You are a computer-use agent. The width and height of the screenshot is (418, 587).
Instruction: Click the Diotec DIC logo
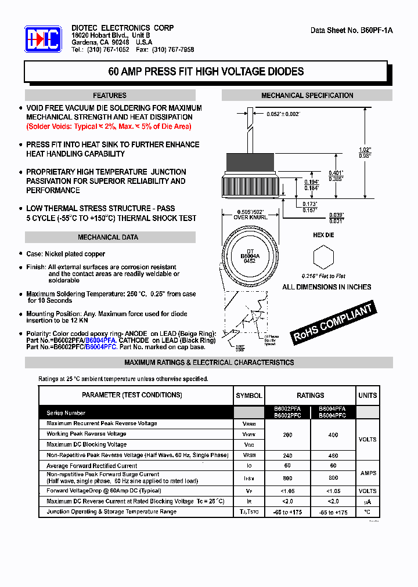(x=43, y=39)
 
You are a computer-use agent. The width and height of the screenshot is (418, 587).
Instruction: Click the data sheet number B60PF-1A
(x=352, y=30)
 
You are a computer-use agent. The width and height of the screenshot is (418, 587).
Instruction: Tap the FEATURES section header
(x=110, y=95)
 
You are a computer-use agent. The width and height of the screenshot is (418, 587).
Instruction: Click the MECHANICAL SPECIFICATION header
(x=307, y=95)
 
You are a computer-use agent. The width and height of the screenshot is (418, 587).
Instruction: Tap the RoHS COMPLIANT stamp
(x=333, y=323)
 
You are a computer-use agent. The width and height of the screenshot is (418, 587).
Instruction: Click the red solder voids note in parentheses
(x=109, y=126)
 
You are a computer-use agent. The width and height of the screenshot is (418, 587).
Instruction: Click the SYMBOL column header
(x=248, y=396)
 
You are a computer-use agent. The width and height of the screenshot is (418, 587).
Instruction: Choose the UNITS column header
(x=367, y=396)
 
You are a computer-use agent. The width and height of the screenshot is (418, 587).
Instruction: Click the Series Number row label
(x=66, y=413)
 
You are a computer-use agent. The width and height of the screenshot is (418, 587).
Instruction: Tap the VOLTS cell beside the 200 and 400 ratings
(x=367, y=439)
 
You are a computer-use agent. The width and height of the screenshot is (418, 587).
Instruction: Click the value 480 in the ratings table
(x=333, y=455)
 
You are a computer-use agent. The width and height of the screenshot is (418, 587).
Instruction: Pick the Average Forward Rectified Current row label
(x=92, y=466)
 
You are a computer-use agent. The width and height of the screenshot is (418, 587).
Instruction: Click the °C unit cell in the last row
(x=367, y=512)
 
